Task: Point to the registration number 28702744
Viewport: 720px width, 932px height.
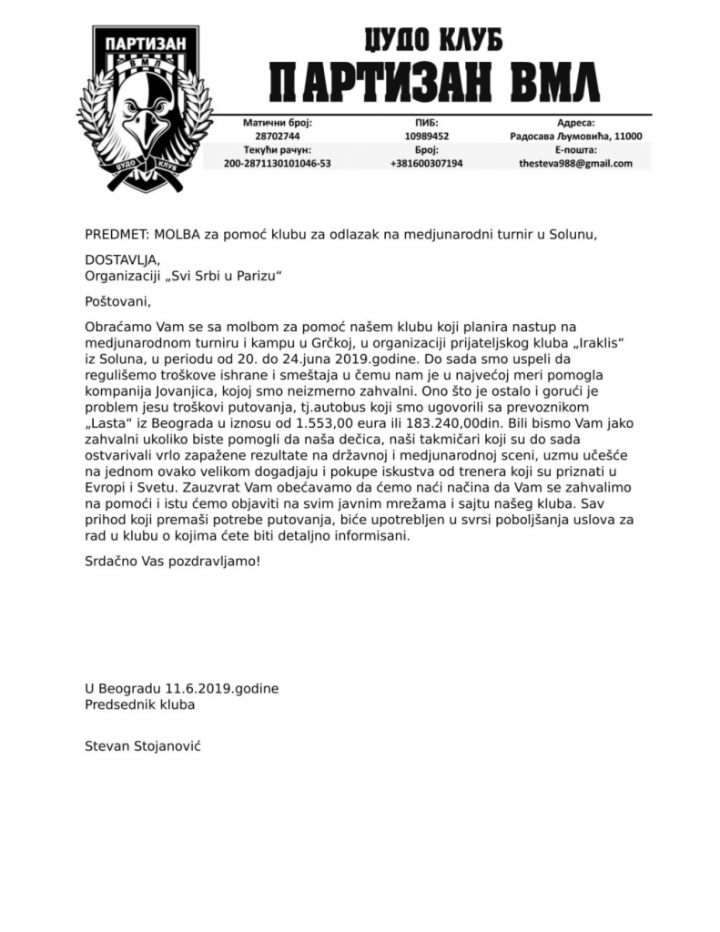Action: (277, 136)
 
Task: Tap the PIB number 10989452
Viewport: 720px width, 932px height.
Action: (426, 136)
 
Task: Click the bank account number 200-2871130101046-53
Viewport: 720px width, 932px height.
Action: (277, 164)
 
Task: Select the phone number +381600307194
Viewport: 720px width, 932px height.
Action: (426, 164)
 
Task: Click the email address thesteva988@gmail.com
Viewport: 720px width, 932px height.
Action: (575, 164)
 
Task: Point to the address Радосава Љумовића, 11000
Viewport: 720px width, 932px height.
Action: (575, 136)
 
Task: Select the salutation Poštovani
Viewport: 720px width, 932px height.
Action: (116, 301)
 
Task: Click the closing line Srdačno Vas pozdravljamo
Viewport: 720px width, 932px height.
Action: (172, 561)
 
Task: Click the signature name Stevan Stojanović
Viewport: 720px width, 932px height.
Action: (142, 745)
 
